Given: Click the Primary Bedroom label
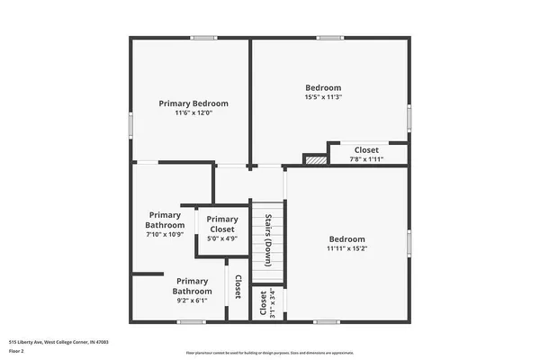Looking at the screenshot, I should click(193, 103).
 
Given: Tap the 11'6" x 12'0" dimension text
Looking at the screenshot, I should click(193, 113).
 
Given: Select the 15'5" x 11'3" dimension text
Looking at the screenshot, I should click(323, 97).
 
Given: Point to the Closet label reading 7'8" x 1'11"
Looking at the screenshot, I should click(366, 150).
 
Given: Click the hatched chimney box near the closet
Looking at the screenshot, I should click(313, 159).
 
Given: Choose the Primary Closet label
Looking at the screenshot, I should click(222, 224).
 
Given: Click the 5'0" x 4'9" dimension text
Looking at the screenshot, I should click(222, 239).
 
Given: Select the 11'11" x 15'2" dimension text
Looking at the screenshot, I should click(346, 248).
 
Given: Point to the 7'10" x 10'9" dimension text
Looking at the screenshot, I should click(165, 234).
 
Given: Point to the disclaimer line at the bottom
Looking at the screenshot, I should click(269, 352).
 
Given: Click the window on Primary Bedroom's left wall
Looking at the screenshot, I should click(131, 123).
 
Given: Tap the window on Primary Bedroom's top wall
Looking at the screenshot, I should click(203, 38).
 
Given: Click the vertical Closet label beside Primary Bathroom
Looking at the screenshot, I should click(238, 287).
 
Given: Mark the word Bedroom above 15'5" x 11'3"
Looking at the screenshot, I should click(323, 87).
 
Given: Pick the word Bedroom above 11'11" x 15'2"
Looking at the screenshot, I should click(346, 238).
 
